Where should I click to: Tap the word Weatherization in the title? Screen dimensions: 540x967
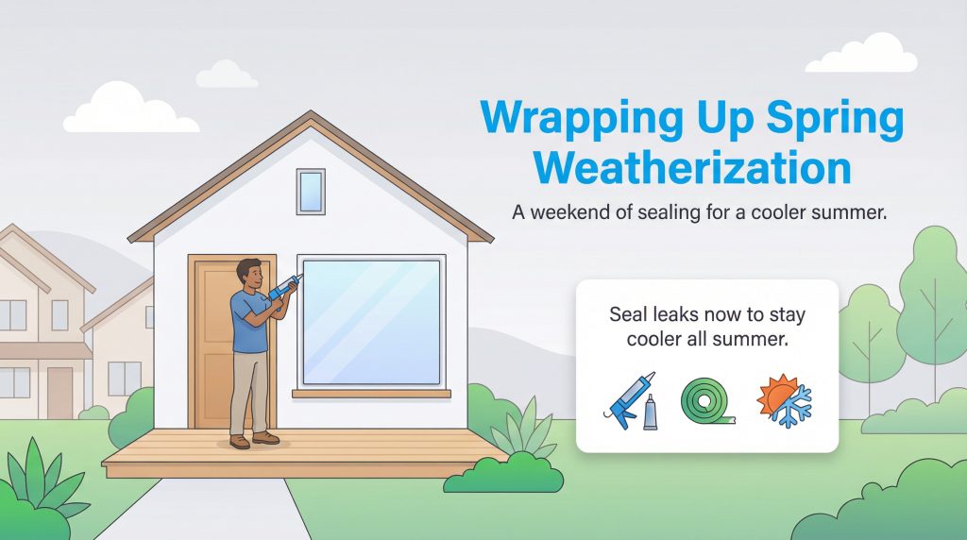(692, 167)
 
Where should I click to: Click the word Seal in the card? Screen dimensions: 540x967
(629, 314)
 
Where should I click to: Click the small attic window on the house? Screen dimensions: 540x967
(311, 191)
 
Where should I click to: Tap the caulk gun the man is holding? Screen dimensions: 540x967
(283, 288)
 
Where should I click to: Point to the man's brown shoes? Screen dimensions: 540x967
(253, 440)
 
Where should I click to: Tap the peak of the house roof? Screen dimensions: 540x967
(311, 115)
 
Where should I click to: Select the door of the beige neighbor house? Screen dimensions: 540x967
(59, 391)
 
